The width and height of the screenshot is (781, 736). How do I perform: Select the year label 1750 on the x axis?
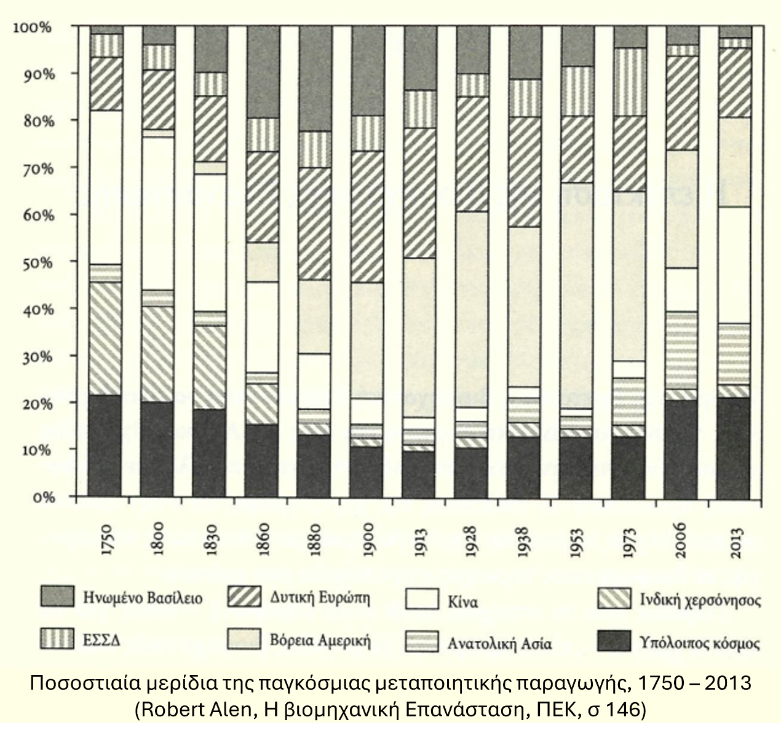coord(105,540)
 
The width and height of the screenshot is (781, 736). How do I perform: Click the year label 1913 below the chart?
coord(421,541)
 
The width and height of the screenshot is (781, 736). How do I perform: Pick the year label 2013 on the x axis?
coord(735,541)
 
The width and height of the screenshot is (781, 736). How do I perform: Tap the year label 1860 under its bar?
coord(263,540)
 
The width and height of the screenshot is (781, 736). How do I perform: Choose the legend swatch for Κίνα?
coord(422,600)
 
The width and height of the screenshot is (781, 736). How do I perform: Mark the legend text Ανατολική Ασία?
coord(499,644)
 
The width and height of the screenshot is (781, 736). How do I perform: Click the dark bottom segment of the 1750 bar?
coord(105,445)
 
